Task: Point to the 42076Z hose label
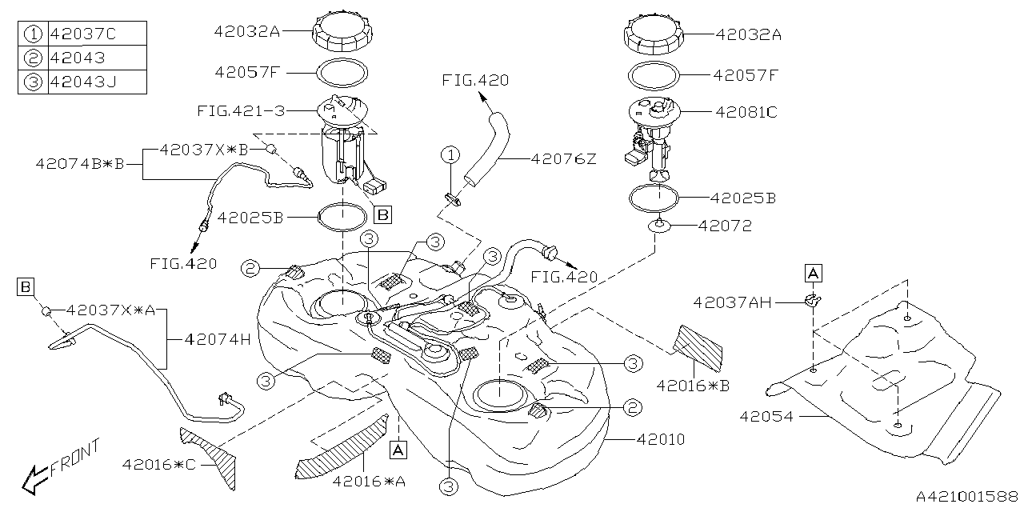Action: pos(563,159)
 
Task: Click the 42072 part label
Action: pos(725,226)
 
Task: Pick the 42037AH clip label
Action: pos(732,302)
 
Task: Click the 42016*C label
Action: pos(159,464)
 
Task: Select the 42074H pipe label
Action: pos(218,338)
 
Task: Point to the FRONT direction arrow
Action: pos(61,468)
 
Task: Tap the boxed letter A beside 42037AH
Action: pos(813,274)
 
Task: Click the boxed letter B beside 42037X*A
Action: pos(26,285)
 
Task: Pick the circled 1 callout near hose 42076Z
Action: pos(452,154)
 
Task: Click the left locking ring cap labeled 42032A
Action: pos(342,32)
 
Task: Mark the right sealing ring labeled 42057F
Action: pos(654,76)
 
